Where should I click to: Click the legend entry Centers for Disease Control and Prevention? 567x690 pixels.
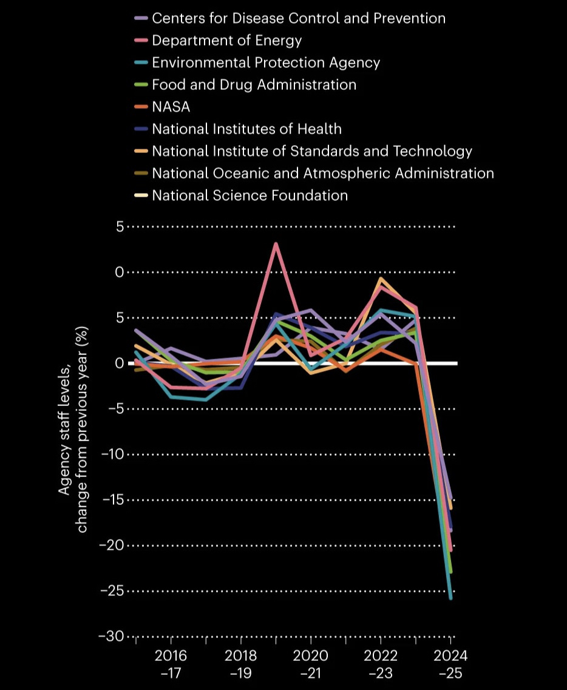[298, 18]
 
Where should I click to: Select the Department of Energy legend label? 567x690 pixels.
[226, 41]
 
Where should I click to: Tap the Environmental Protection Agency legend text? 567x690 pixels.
[266, 63]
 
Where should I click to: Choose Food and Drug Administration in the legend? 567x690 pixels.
[254, 84]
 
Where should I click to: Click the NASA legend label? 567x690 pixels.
[171, 107]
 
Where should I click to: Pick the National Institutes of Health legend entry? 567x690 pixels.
[246, 129]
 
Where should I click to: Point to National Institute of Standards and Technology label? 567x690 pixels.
[311, 151]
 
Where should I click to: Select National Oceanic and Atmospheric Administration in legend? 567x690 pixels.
[322, 173]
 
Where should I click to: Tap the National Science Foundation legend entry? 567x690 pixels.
[250, 195]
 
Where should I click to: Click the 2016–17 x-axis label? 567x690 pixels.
[171, 664]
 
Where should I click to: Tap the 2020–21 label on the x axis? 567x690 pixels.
[310, 664]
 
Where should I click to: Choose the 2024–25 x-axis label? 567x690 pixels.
[450, 664]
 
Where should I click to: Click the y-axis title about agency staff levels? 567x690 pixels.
[73, 430]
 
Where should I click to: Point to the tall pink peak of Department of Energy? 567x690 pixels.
[276, 244]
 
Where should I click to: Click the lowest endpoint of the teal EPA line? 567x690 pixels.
[450, 598]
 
